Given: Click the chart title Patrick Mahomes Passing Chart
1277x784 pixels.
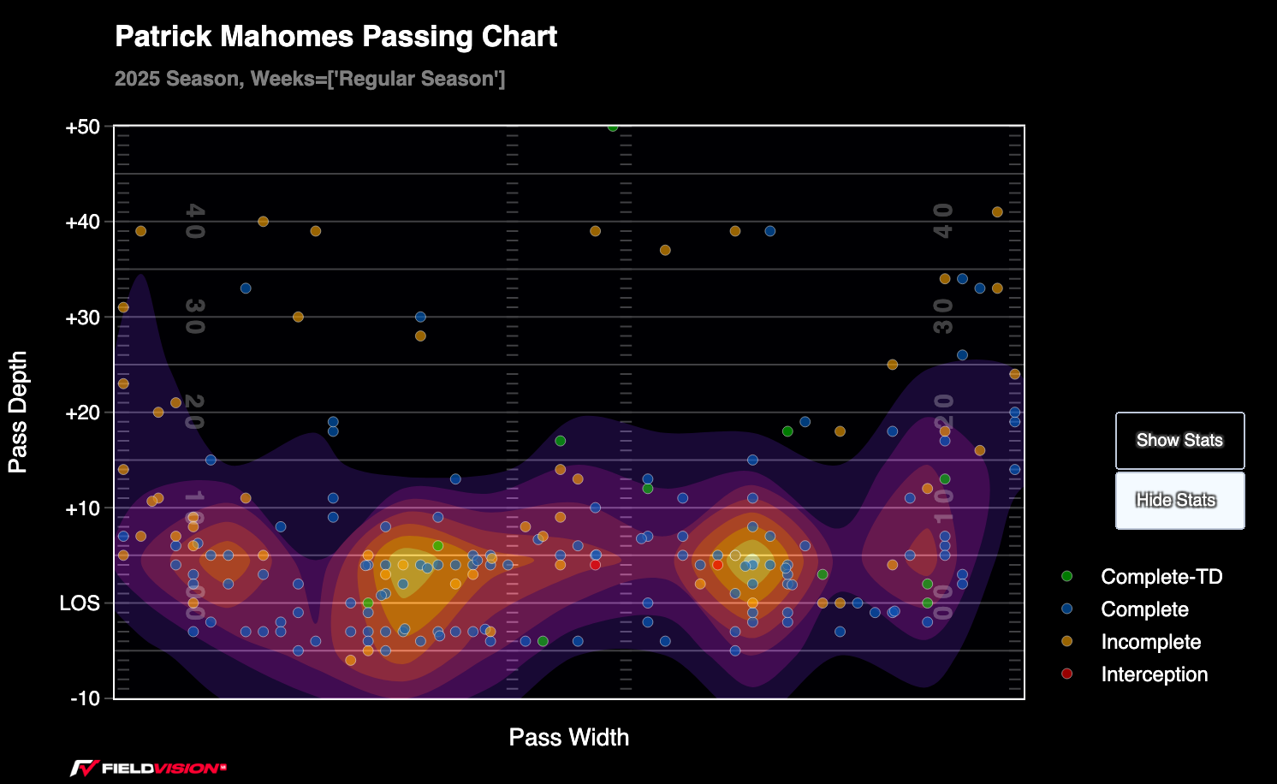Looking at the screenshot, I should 336,37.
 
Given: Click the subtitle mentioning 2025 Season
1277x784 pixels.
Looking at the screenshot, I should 310,79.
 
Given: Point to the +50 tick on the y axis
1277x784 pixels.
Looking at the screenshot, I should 82,128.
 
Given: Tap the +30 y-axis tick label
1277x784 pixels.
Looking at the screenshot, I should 82,318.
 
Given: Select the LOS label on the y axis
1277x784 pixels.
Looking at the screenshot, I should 80,603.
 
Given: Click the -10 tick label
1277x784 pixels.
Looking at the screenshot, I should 85,698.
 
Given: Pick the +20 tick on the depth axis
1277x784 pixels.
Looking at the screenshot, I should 82,413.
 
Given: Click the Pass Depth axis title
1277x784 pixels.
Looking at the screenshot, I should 18,412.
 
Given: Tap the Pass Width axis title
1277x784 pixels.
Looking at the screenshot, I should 568,737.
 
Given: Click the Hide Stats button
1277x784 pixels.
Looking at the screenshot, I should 1179,501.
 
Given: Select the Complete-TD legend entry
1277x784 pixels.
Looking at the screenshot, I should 1161,577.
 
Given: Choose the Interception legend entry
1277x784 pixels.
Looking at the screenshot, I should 1154,674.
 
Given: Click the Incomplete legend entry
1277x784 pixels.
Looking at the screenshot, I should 1150,642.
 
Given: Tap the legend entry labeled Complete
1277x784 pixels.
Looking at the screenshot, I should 1144,609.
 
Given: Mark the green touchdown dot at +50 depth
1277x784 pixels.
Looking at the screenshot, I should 613,127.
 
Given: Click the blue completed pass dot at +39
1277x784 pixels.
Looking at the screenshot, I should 769,231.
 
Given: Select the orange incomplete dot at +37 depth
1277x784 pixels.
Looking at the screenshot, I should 665,251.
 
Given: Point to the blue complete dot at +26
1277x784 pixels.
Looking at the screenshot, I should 962,355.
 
